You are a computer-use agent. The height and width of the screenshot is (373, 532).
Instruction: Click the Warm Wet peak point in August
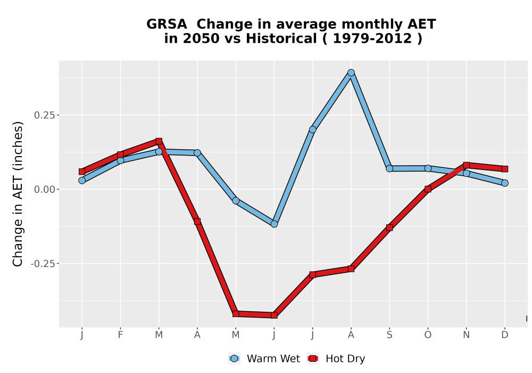coord(351,72)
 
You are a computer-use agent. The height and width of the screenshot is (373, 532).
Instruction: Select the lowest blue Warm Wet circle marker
coord(274,224)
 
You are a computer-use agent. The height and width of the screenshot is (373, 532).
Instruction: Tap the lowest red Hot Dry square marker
coord(274,315)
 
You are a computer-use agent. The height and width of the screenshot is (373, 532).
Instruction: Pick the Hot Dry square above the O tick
coord(428,189)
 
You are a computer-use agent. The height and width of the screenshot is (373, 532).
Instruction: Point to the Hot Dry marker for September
coord(389,228)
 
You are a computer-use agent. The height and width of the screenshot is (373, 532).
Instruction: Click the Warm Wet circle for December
coord(505,183)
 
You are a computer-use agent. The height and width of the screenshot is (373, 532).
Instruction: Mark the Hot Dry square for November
coord(466,165)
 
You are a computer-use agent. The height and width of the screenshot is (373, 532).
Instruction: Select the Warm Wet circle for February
coord(120,160)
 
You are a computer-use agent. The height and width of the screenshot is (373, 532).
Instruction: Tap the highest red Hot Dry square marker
coord(159,141)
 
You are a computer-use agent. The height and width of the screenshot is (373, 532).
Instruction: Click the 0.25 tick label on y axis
coord(45,115)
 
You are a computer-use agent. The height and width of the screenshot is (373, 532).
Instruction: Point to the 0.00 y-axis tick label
coord(45,189)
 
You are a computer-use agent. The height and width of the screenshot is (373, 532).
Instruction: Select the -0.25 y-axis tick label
coord(43,264)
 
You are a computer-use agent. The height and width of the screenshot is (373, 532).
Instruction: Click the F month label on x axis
coord(120,335)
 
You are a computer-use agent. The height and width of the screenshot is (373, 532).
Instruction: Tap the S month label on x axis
coord(389,335)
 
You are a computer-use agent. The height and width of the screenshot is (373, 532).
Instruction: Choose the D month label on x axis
coord(505,335)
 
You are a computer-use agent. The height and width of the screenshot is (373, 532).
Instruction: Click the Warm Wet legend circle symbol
coord(234,359)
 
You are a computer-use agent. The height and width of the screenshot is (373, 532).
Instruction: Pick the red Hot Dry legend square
coord(312,359)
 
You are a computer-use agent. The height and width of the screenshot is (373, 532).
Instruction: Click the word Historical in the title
coord(281,38)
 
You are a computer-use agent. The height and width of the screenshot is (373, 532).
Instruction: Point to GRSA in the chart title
coord(166,24)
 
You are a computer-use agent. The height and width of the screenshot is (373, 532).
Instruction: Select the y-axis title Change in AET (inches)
coord(18,194)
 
